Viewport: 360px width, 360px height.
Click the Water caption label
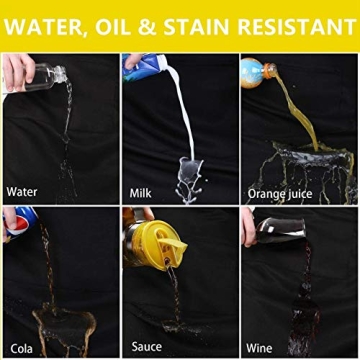pos(24,190)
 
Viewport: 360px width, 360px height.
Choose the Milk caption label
pos(143,190)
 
